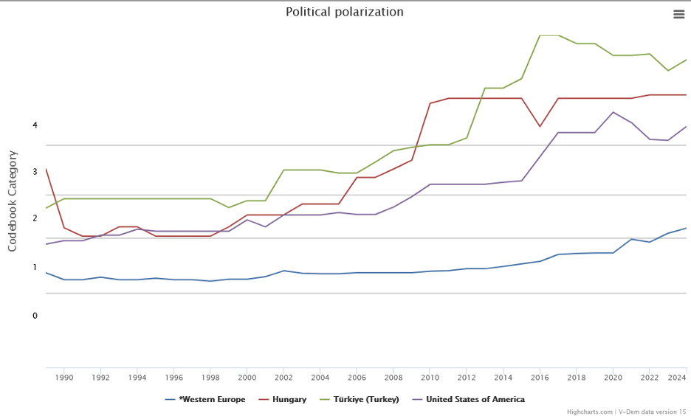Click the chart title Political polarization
click(x=345, y=12)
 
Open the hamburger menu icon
click(x=678, y=14)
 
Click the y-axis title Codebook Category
click(x=13, y=201)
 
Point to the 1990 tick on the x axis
click(x=64, y=377)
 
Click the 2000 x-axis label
click(x=247, y=377)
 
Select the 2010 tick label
click(x=430, y=377)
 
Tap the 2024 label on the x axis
click(x=677, y=377)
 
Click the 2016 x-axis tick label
click(x=540, y=377)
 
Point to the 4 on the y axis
click(x=35, y=125)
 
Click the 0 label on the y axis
click(x=35, y=316)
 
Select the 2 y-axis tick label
click(x=35, y=218)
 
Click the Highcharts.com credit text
click(x=590, y=412)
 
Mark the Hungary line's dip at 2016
click(x=540, y=127)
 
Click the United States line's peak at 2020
click(x=613, y=112)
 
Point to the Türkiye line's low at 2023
click(x=668, y=71)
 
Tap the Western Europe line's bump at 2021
click(x=631, y=239)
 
